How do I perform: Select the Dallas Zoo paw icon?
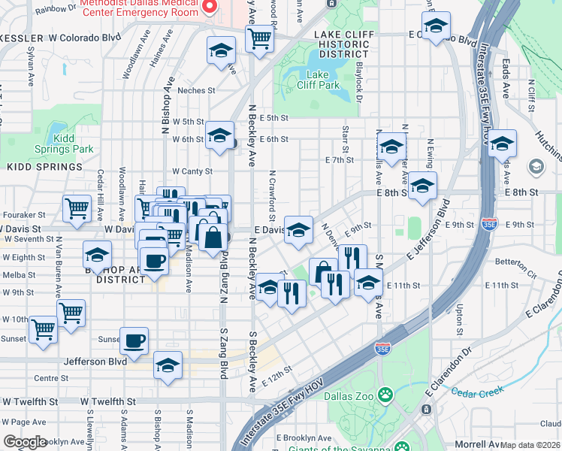(x=385, y=393)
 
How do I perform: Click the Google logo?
(x=25, y=443)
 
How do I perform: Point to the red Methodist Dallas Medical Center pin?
(x=210, y=8)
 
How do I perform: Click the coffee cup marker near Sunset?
(x=134, y=341)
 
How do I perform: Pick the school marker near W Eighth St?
(x=97, y=254)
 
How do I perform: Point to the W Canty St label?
(x=192, y=171)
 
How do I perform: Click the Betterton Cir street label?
(x=515, y=262)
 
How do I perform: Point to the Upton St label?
(x=458, y=320)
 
